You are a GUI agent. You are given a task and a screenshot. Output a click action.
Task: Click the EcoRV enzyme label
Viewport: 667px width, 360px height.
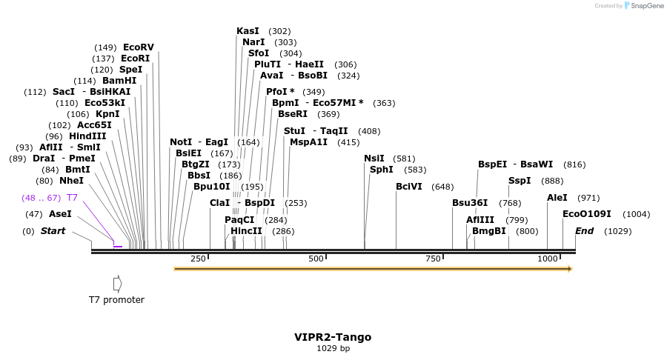pyautogui.click(x=139, y=47)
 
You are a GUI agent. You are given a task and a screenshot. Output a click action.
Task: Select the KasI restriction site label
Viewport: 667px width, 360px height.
pyautogui.click(x=248, y=31)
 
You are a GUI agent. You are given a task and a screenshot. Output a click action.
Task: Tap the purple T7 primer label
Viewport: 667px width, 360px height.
pyautogui.click(x=72, y=198)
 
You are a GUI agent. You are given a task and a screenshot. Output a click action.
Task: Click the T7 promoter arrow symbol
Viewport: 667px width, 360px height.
pyautogui.click(x=117, y=284)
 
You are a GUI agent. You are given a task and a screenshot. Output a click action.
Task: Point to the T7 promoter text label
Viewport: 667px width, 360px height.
pyautogui.click(x=116, y=300)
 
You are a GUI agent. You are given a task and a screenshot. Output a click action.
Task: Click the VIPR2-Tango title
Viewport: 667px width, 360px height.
pyautogui.click(x=333, y=337)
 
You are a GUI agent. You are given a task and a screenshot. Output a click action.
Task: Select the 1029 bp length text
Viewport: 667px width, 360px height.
pyautogui.click(x=333, y=348)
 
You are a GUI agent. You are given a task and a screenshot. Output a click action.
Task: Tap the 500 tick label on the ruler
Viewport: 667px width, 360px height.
pyautogui.click(x=316, y=259)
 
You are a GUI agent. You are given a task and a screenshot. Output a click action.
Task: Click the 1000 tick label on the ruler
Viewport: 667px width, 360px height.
pyautogui.click(x=548, y=259)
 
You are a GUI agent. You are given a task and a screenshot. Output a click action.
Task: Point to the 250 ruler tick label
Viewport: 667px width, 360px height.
pyautogui.click(x=198, y=259)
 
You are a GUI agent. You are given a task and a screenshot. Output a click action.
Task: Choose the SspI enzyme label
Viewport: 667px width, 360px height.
pyautogui.click(x=520, y=181)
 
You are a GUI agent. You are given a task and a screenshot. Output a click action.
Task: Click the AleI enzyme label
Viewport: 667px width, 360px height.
pyautogui.click(x=557, y=198)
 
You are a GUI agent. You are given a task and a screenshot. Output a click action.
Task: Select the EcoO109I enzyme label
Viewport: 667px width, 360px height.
pyautogui.click(x=587, y=214)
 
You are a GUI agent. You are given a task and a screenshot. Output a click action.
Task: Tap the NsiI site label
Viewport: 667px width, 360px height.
pyautogui.click(x=374, y=159)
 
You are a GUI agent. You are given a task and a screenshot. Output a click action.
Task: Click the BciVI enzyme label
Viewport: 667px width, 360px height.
pyautogui.click(x=410, y=187)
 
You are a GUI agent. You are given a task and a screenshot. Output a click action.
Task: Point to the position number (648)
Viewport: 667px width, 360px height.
pyautogui.click(x=442, y=187)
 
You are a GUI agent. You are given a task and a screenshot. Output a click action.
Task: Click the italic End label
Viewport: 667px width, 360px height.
pyautogui.click(x=584, y=231)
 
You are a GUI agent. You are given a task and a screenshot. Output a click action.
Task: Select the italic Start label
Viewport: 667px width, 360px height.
pyautogui.click(x=53, y=231)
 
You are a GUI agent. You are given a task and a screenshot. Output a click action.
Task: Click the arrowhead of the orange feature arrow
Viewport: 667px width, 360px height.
pyautogui.click(x=569, y=269)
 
